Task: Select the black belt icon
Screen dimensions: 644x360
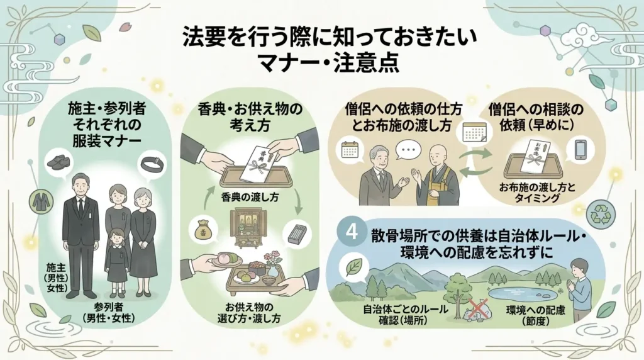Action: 152,164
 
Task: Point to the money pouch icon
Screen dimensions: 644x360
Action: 203,230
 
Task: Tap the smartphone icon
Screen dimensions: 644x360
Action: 580,149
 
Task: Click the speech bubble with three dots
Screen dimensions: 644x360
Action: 408,150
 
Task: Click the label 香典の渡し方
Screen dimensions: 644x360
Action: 250,198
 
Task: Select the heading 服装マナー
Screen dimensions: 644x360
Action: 107,141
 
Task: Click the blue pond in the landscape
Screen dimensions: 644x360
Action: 519,295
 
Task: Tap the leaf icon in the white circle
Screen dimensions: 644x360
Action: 354,267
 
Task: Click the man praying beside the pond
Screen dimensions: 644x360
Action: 579,288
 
